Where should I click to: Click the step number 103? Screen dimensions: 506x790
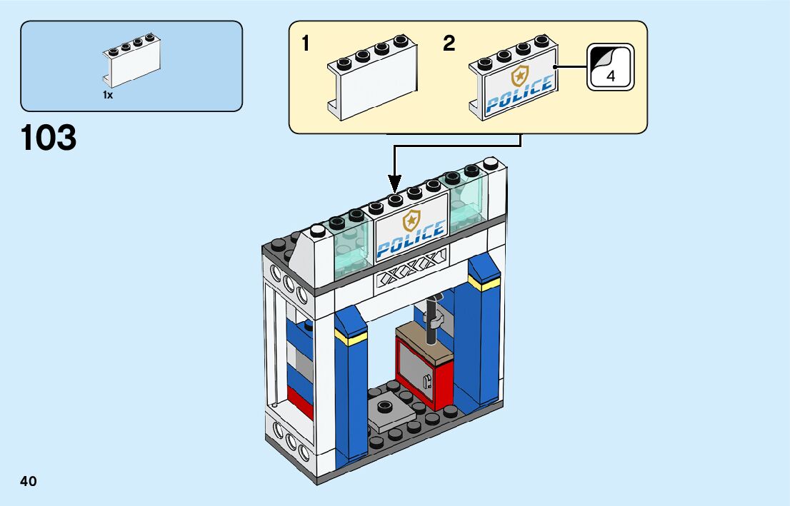[x=49, y=138]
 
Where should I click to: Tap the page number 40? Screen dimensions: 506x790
[x=29, y=481]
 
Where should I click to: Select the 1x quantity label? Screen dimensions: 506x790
[x=108, y=95]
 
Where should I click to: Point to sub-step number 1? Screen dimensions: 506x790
[x=306, y=44]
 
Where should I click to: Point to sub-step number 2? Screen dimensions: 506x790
[x=449, y=44]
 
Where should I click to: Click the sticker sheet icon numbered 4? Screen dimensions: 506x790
[x=610, y=67]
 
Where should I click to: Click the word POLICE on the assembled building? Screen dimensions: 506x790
[x=410, y=240]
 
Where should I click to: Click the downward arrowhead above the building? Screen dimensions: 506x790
[x=394, y=184]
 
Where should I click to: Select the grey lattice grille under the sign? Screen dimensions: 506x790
[x=411, y=275]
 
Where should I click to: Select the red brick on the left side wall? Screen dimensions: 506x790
[x=300, y=401]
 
